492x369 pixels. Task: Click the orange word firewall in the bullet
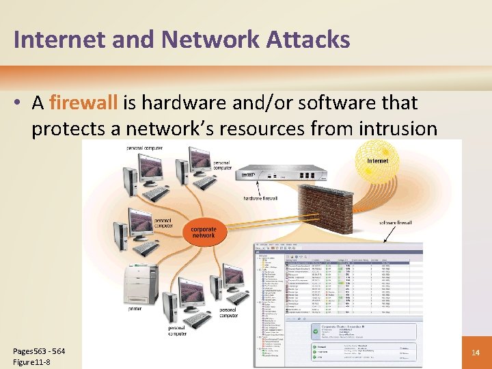[x=83, y=103]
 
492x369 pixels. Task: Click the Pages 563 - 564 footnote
[x=39, y=351]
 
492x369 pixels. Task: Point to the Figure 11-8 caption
[x=31, y=362]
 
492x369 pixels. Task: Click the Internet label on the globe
[x=377, y=161]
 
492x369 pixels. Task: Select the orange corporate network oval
[x=203, y=233]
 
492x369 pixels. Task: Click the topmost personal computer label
[x=144, y=148]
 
